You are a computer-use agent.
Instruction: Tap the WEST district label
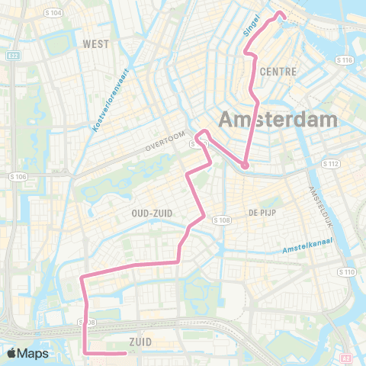click(97, 43)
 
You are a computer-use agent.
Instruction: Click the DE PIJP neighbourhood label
click(261, 213)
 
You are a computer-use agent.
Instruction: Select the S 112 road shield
click(330, 163)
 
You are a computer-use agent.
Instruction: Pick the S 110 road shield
click(347, 271)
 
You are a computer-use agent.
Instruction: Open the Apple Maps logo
click(27, 353)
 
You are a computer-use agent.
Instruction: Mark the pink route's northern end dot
click(280, 14)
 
